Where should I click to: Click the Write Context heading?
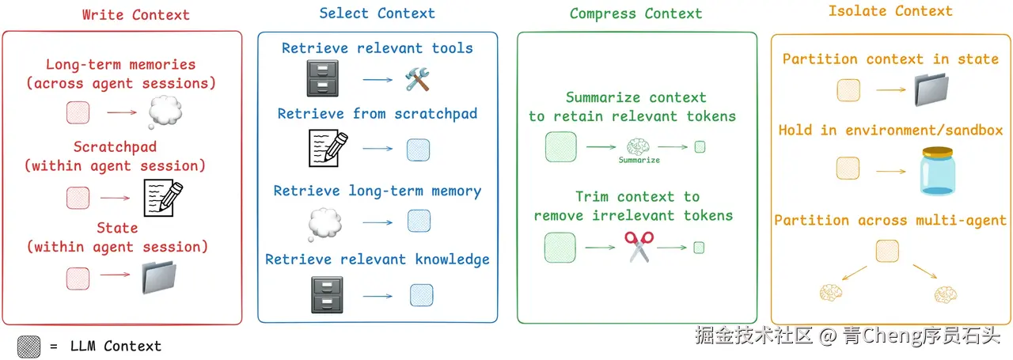point(135,15)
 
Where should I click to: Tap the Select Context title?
point(378,13)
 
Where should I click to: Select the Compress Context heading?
point(635,14)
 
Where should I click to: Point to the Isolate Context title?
point(890,11)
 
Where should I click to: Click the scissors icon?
point(639,247)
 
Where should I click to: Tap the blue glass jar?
point(938,171)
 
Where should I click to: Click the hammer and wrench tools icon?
point(417,79)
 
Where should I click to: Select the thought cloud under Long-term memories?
point(165,112)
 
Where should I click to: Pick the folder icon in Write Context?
point(159,277)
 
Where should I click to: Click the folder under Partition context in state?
point(931,89)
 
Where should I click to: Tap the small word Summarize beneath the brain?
point(639,160)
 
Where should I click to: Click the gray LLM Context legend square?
point(29,347)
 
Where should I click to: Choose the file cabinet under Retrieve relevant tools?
point(322,78)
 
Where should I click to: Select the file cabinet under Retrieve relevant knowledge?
point(327,295)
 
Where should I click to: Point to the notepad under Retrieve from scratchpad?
point(328,148)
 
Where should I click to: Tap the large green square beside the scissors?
point(560,248)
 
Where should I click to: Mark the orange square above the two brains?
point(887,251)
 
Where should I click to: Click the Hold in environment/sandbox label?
point(890,131)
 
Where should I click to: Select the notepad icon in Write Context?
point(163,198)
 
